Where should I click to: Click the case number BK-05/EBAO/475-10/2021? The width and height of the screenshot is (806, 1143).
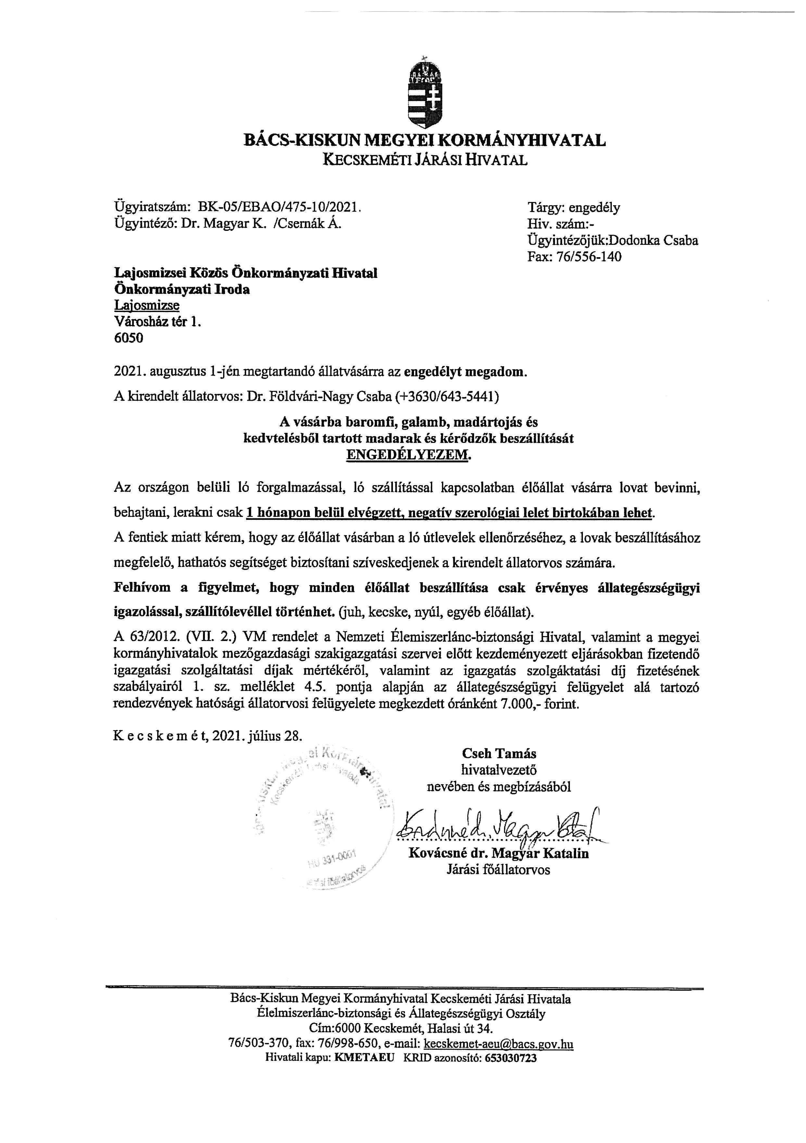pyautogui.click(x=279, y=207)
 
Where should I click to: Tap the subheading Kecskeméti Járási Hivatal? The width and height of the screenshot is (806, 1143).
pyautogui.click(x=425, y=160)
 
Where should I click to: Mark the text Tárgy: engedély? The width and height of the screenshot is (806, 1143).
pyautogui.click(x=573, y=207)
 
